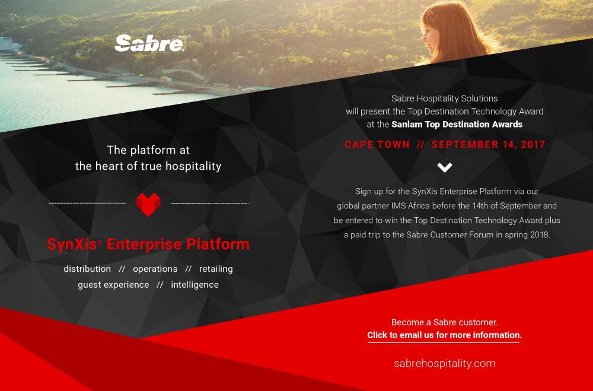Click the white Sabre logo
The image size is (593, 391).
coord(149,43)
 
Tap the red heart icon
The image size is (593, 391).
coord(148,204)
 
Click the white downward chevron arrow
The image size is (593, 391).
coord(444,167)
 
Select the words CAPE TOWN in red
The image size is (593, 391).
coord(377,145)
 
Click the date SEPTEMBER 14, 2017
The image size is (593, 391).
coord(488,145)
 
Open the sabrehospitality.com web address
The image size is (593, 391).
coord(444,363)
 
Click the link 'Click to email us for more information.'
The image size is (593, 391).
coord(444,335)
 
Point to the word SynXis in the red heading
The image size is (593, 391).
coord(72,244)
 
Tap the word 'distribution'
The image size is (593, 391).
coord(87,269)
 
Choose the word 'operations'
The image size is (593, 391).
coord(155,269)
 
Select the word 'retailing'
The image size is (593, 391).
coord(216,269)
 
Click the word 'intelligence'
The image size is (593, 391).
coord(195,285)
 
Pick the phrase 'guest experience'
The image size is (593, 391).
coord(113,285)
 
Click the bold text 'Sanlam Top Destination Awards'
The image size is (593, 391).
coord(457,124)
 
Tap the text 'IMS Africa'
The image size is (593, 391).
coord(412,206)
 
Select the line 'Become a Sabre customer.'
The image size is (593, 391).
coord(444,323)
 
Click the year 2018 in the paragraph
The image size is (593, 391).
coord(540,235)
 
